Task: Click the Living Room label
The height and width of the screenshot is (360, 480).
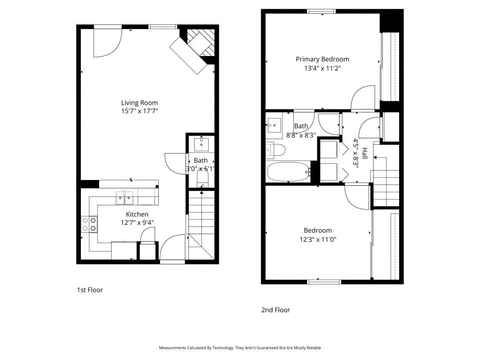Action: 139,103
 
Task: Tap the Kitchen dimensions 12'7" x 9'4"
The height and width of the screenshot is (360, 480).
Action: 137,223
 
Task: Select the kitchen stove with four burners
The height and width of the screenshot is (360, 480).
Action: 89,224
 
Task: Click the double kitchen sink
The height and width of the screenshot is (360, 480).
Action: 125,198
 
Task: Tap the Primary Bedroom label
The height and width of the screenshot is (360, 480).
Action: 322,59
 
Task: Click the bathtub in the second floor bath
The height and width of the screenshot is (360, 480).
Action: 288,171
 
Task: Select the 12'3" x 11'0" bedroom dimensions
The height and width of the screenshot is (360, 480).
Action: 318,240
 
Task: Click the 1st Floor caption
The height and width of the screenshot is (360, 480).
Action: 90,290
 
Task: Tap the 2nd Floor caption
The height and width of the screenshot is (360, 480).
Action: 276,310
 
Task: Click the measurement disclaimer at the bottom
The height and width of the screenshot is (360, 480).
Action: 240,348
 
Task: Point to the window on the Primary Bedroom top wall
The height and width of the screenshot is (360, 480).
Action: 321,12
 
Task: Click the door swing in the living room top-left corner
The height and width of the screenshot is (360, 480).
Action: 107,43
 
